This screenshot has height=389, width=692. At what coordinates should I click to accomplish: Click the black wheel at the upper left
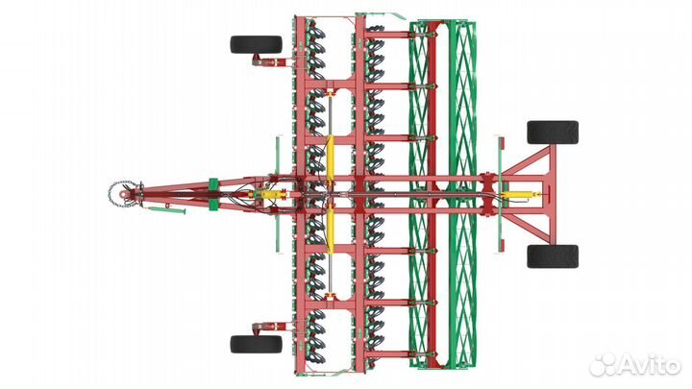click(256, 44)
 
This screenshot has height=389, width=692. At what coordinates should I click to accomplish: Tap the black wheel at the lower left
click(256, 344)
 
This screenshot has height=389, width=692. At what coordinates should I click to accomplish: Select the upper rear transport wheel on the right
click(553, 133)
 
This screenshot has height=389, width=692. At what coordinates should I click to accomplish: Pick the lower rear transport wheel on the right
click(553, 256)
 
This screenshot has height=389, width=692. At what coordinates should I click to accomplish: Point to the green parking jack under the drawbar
click(167, 209)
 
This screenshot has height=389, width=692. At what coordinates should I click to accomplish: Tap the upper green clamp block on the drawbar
click(213, 183)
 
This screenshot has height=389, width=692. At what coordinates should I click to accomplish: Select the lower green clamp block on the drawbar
click(213, 205)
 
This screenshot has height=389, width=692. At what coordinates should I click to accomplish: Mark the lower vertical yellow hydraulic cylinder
click(330, 230)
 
